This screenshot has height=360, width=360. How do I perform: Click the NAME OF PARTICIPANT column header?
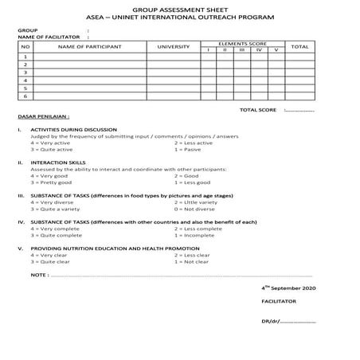click(x=85, y=47)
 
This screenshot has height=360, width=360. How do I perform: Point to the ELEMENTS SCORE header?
click(x=242, y=44)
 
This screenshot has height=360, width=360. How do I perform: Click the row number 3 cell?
click(x=25, y=72)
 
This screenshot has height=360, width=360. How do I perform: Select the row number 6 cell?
click(x=25, y=96)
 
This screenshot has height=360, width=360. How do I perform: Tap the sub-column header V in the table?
click(x=276, y=50)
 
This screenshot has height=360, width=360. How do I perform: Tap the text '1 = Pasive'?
click(x=190, y=149)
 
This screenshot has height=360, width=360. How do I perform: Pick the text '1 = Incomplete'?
click(x=195, y=235)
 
